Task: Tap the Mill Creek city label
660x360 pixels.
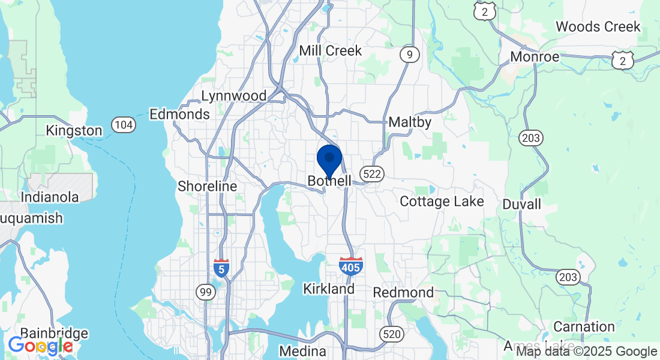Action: pos(331,50)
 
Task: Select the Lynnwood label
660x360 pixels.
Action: pos(233,96)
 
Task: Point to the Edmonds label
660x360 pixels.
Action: pos(179,114)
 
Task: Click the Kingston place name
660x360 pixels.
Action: pos(74,130)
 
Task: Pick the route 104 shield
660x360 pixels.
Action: pos(123,125)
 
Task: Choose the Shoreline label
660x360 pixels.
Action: pos(208,187)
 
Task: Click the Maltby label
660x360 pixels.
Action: pos(410,122)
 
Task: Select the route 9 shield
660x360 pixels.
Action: pos(409,55)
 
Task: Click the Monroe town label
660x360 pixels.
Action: pos(535,57)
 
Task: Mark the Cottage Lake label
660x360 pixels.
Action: pos(442,202)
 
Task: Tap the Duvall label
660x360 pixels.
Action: pos(521,205)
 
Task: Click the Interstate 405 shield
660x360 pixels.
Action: pos(350,266)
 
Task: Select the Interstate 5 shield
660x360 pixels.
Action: pos(221,268)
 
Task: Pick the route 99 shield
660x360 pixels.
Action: pos(205,292)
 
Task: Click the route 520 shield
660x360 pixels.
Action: pos(391,334)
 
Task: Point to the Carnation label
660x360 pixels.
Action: pos(584,327)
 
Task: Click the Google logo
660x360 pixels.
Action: pos(40,346)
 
